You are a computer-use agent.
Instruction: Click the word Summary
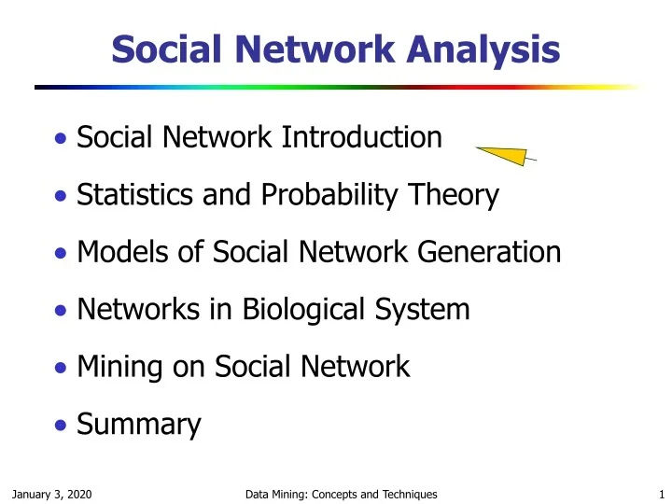tap(139, 425)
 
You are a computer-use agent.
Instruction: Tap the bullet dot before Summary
tap(60, 426)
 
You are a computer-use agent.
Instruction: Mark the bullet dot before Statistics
tap(60, 197)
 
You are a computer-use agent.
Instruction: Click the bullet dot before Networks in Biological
tap(60, 310)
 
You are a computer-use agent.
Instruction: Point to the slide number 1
tap(659, 493)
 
